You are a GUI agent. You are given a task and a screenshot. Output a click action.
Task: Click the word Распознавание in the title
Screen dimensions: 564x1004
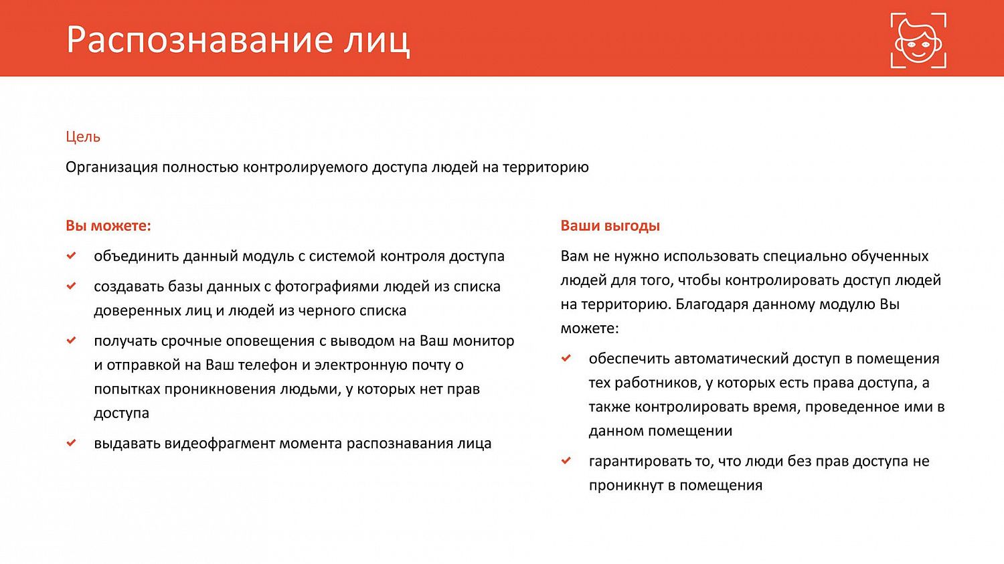click(199, 40)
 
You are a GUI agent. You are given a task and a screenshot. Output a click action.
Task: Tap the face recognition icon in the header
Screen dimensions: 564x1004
click(918, 40)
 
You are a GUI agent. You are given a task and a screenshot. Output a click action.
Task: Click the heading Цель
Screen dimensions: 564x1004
click(83, 136)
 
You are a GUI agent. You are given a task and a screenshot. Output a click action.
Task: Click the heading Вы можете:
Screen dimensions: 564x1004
click(108, 225)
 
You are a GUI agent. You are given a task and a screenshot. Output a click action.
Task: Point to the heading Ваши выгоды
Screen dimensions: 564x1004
click(610, 225)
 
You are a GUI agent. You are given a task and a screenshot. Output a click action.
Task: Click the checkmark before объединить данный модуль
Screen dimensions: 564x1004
click(71, 256)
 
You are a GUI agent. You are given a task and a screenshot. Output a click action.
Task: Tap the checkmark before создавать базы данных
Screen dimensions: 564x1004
click(71, 286)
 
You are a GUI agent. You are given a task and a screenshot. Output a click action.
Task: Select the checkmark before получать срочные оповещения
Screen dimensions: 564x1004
click(71, 340)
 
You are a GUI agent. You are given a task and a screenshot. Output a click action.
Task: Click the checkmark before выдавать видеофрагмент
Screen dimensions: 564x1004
click(71, 442)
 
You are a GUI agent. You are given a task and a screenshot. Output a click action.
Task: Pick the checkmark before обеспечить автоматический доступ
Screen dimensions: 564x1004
click(566, 358)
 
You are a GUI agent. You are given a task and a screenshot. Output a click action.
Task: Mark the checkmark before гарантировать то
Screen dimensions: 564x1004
click(566, 460)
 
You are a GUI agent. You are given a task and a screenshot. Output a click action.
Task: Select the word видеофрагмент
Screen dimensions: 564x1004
click(219, 444)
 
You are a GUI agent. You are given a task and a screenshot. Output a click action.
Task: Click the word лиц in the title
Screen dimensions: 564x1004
click(377, 40)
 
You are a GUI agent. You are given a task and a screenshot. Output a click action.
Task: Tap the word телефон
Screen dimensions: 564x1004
click(267, 365)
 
